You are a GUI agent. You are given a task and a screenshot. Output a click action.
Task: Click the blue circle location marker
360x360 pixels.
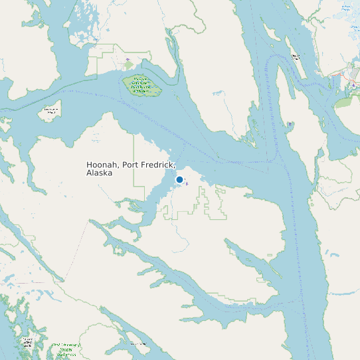[179, 179]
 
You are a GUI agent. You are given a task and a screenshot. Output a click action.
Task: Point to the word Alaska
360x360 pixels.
[99, 173]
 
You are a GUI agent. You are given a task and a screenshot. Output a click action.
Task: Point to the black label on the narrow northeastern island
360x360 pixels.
[294, 56]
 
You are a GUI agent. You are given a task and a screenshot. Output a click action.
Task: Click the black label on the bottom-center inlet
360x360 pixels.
[138, 343]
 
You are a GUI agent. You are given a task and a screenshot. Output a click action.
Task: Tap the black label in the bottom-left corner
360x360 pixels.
[27, 343]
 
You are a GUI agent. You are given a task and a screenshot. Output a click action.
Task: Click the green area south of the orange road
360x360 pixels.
[345, 101]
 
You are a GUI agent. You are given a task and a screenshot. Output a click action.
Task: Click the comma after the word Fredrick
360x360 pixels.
[175, 167]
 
